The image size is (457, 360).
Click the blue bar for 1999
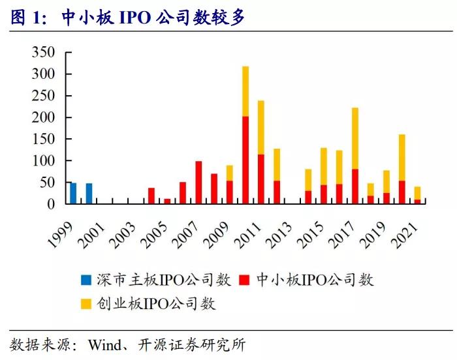(x=73, y=194)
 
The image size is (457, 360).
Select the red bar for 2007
(x=198, y=183)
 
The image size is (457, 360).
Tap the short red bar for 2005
(x=167, y=202)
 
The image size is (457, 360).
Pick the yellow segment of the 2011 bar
(x=261, y=127)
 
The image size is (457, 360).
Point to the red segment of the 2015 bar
(x=324, y=194)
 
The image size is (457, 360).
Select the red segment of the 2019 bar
(x=386, y=198)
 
